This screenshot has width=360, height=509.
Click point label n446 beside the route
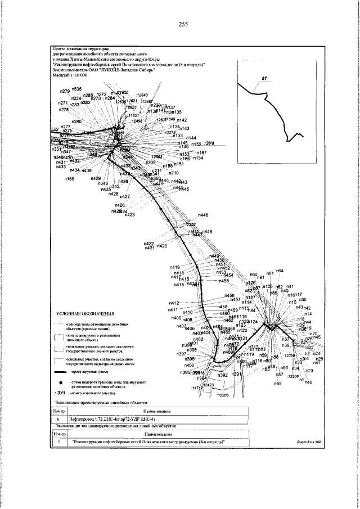[203, 215]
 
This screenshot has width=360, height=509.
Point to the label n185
[69, 179]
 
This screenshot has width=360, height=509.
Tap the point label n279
[64, 91]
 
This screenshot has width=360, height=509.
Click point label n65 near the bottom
[277, 383]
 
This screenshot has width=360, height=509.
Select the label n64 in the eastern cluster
[280, 271]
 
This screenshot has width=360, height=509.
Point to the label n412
[173, 303]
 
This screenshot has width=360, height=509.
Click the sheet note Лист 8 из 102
[308, 443]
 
